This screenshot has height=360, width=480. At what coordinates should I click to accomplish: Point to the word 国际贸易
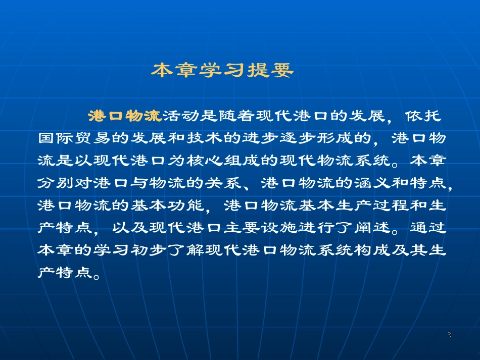(x=74, y=138)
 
